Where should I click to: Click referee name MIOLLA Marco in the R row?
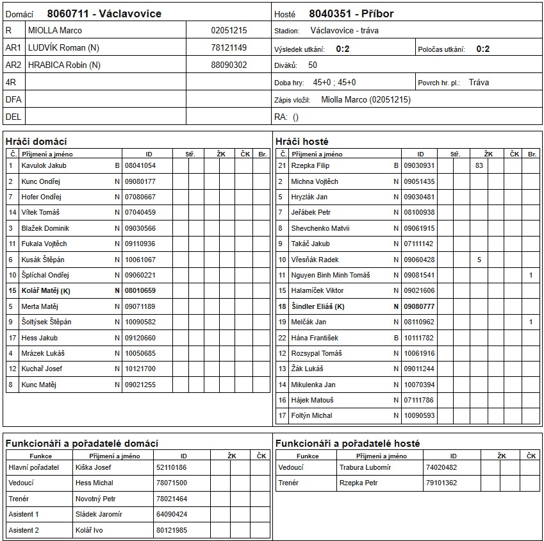(x=55, y=30)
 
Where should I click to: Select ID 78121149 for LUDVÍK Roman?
(x=229, y=47)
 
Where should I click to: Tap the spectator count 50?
(x=312, y=65)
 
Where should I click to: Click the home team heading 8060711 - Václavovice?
(x=104, y=13)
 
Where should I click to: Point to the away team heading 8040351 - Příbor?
(x=351, y=13)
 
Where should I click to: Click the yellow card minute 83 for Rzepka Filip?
(x=479, y=165)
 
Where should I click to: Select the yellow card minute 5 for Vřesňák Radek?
(x=479, y=260)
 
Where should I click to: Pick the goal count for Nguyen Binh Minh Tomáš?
(x=531, y=275)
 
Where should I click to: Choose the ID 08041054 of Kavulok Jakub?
(x=140, y=165)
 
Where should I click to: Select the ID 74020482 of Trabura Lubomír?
(x=441, y=467)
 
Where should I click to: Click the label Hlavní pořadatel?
(x=33, y=467)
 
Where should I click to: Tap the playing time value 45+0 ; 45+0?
(x=334, y=82)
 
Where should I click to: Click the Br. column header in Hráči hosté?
(x=532, y=154)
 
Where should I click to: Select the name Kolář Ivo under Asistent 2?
(x=89, y=529)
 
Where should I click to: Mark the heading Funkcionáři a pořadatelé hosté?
(x=348, y=443)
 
